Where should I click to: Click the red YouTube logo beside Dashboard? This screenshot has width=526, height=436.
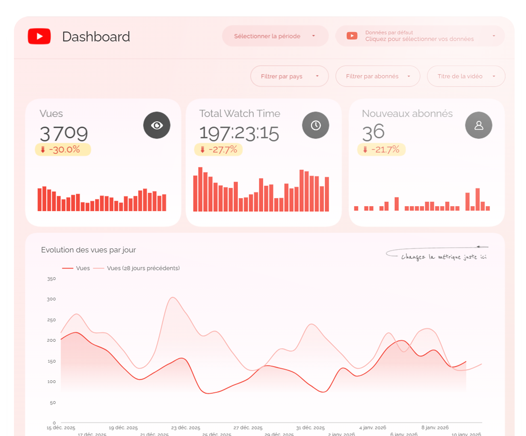pos(39,36)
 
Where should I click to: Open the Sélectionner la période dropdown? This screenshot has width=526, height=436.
pos(275,36)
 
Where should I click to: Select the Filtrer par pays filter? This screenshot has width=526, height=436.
pos(289,76)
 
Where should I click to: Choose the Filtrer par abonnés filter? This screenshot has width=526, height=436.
pos(378,76)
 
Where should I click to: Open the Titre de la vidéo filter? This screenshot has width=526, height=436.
pos(466,76)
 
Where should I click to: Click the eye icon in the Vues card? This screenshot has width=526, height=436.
pos(157,125)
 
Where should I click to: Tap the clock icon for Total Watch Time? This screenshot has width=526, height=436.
pos(316,125)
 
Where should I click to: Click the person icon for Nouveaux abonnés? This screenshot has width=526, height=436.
pos(479,125)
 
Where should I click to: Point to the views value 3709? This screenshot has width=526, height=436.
pos(64,133)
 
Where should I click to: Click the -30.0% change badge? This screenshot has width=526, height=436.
pos(63,150)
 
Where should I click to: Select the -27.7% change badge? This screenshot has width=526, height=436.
pos(218,150)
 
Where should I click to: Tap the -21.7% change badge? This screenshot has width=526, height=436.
pos(382,150)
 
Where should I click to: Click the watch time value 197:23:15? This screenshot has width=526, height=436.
pos(239,133)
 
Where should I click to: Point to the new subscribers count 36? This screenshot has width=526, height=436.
pos(373,132)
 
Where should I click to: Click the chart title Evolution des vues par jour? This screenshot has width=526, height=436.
pos(88,250)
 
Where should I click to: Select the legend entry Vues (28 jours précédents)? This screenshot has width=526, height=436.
pos(143,268)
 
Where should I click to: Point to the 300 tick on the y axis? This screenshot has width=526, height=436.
pos(51,299)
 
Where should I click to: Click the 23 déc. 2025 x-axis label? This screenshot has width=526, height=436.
pos(185,428)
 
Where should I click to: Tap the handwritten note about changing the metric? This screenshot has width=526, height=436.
pos(444,257)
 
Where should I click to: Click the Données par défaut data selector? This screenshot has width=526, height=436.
pos(420,36)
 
